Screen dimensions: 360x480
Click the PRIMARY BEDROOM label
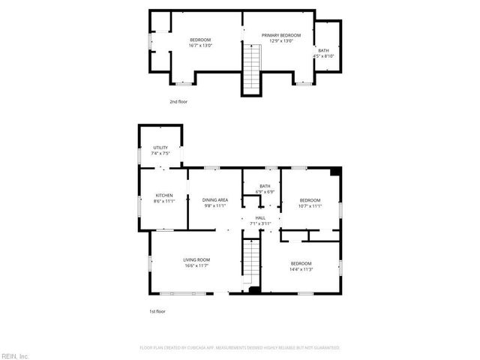pos(280,35)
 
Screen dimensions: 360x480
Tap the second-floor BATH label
pos(323,50)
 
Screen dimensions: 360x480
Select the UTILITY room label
pos(160,148)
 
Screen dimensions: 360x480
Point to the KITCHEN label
pos(164,196)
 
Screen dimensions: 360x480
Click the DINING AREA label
pos(215,200)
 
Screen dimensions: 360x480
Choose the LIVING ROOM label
pos(196,260)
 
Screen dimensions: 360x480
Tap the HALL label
pos(260,217)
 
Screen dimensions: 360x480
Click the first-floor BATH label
pos(265,186)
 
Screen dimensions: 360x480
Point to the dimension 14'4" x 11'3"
pos(301,269)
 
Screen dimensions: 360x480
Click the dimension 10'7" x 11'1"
pos(310,206)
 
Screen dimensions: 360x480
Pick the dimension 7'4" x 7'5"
pos(160,154)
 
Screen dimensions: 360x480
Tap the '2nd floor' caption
pos(178,100)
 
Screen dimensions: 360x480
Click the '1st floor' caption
pos(157,310)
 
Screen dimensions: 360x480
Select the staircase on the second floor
pos(252,67)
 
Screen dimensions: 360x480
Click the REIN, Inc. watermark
pos(15,355)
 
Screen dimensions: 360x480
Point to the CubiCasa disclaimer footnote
pos(240,348)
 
